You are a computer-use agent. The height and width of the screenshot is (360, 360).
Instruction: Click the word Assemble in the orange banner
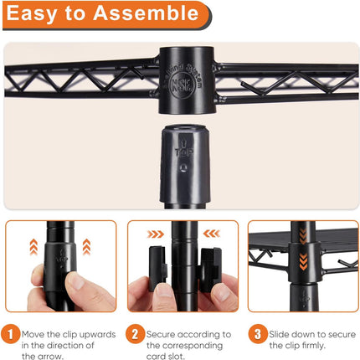[x=146, y=13]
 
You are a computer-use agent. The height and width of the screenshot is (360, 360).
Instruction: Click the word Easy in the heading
[x=33, y=14]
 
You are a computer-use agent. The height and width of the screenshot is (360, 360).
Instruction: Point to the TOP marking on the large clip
[x=183, y=152]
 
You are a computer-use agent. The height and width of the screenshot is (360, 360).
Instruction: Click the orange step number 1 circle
[x=10, y=334]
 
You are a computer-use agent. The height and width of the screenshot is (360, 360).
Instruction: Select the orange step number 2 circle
[x=135, y=334]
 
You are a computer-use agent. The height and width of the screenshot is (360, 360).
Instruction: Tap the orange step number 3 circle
[x=257, y=334]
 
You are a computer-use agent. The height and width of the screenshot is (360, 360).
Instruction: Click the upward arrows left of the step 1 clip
[x=33, y=247]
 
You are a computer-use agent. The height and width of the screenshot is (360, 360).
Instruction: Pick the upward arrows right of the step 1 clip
[x=86, y=247]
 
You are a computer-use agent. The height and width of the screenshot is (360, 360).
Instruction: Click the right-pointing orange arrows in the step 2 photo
[x=156, y=234]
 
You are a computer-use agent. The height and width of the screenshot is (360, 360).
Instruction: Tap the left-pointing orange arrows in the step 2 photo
[x=211, y=234]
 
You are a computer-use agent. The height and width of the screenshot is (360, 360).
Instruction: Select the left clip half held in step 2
[x=158, y=268]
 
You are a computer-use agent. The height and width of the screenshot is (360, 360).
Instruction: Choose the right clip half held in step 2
[x=210, y=269]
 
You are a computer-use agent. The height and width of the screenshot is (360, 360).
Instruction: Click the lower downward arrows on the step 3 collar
[x=303, y=262]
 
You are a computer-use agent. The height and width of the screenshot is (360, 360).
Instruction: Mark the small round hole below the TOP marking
[x=183, y=167]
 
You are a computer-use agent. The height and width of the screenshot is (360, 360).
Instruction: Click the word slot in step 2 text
[x=177, y=357]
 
